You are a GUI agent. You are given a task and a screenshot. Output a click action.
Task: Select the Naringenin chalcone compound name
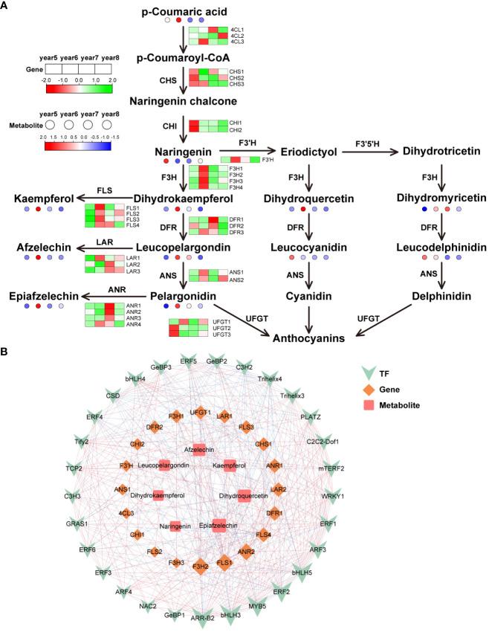click(x=182, y=100)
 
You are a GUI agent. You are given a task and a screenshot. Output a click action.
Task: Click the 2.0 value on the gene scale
click(x=112, y=80)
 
